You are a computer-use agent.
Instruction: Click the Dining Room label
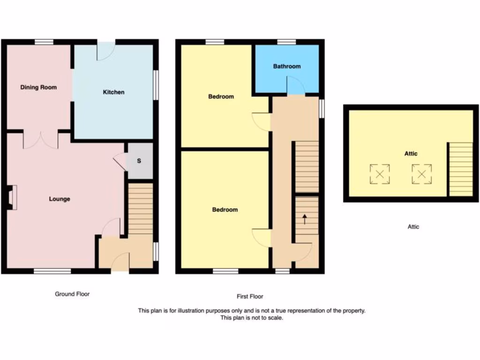pos(38,87)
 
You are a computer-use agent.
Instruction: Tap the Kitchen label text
pos(113,92)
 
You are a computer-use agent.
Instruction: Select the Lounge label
pos(60,199)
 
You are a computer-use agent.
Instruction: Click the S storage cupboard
pos(139,161)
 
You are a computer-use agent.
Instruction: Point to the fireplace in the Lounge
pos(12,196)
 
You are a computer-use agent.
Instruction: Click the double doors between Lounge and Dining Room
pos(40,140)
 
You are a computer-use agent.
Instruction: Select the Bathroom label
pos(287,66)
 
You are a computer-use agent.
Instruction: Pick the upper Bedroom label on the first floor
pos(221,97)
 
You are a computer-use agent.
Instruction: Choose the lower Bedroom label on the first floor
pos(225,210)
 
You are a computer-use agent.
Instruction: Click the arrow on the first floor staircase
pos(305,218)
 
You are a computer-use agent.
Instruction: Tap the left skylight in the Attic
pos(380,174)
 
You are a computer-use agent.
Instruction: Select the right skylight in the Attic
pos(422,174)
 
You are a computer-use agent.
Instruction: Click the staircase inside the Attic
pos(460,169)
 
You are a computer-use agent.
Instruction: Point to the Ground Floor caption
pos(72,294)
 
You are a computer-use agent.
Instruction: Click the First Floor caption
pos(250,296)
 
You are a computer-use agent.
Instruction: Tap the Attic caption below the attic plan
pos(413,227)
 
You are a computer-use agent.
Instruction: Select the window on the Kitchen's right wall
pos(156,85)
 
